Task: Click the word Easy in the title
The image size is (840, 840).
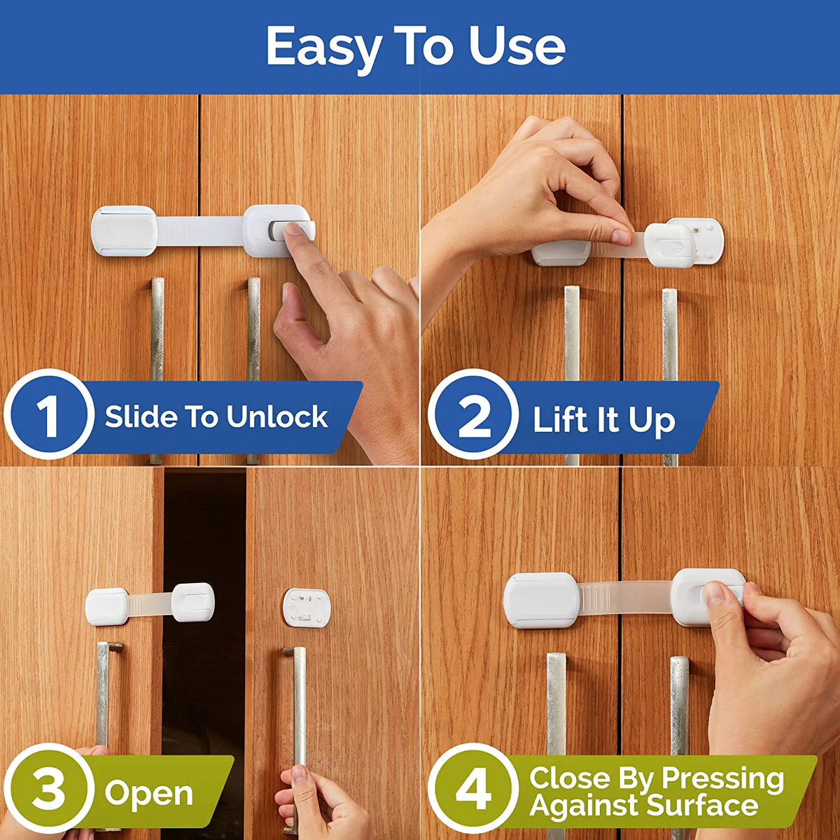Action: pos(323,48)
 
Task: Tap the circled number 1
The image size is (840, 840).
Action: pos(48,415)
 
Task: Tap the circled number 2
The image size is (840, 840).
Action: pos(474,416)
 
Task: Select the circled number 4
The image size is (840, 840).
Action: pos(474,791)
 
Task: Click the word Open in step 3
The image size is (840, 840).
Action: pos(148,793)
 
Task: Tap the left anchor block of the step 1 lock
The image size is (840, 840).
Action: pos(124,231)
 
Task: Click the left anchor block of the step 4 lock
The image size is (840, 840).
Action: pos(541,600)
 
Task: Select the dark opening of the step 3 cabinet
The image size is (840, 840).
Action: pos(204,630)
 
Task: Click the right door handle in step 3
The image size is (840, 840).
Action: pos(299,707)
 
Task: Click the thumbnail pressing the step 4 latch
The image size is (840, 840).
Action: pos(714,595)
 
